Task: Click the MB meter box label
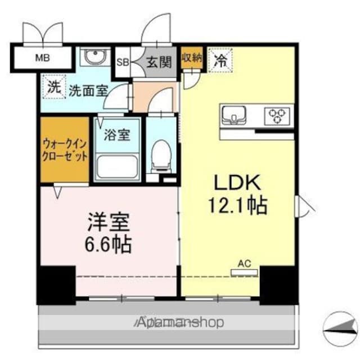coord(43,57)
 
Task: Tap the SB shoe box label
coord(123,62)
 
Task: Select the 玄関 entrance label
coord(159,62)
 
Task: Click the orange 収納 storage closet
coord(192,57)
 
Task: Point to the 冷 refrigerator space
coord(220,60)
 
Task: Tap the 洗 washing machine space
coord(54,87)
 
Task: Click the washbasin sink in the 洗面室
coord(95,56)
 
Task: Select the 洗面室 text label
coord(89,91)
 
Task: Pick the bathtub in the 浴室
coord(118,166)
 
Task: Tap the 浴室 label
coord(117,134)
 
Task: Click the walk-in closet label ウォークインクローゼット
coord(65,150)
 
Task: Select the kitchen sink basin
coord(233,115)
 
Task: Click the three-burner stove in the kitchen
coord(277,116)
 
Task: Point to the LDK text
coord(237,182)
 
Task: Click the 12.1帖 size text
coord(237,205)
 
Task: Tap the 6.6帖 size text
coord(108,244)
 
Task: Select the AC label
coord(244,264)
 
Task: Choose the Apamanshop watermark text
coord(179,322)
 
